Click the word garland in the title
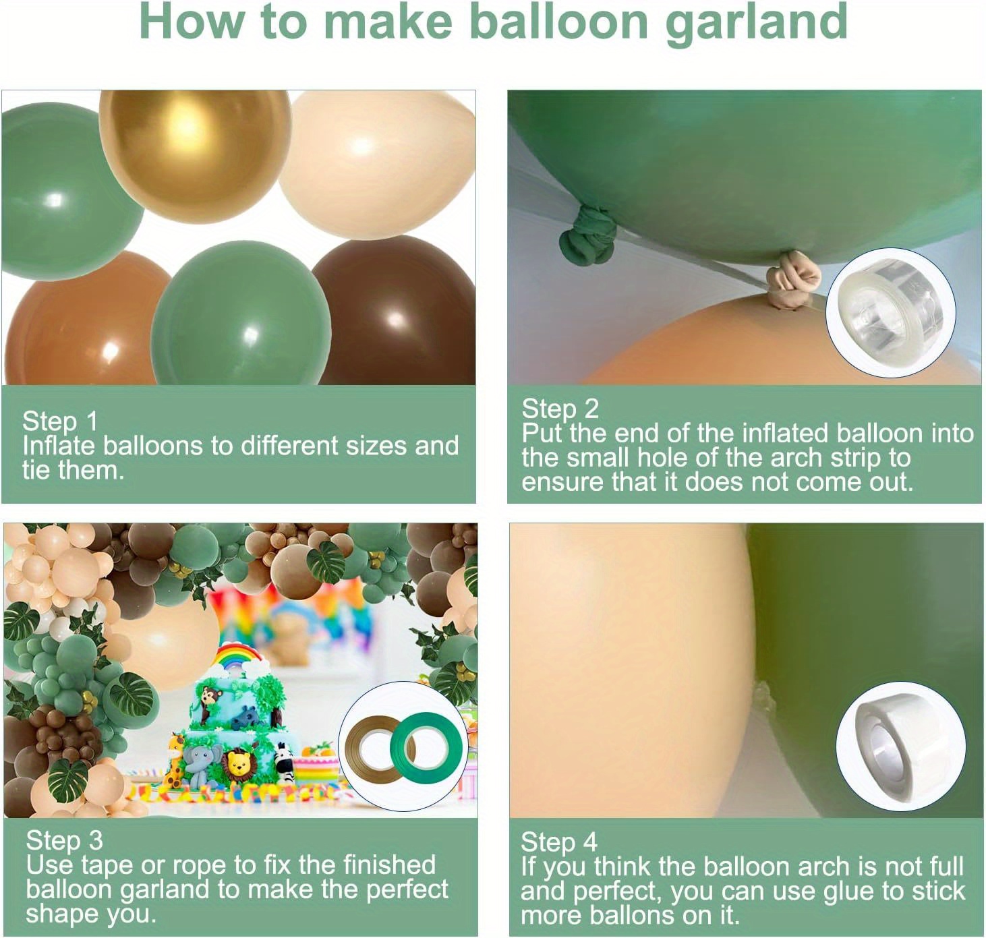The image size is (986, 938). click(x=756, y=23)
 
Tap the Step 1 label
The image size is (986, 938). click(x=60, y=421)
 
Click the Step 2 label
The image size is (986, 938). click(x=560, y=409)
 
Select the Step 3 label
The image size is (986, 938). click(x=64, y=840)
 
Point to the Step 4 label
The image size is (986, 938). click(x=558, y=842)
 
